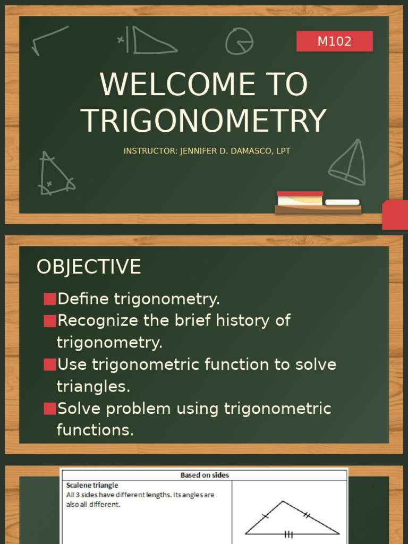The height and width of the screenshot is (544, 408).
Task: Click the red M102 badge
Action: tap(334, 41)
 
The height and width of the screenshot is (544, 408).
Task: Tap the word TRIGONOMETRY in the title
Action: tap(203, 121)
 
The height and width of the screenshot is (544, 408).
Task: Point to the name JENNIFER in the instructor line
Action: tap(200, 151)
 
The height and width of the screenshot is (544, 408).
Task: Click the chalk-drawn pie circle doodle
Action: tap(239, 41)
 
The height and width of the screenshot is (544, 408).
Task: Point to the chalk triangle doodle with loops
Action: tap(55, 174)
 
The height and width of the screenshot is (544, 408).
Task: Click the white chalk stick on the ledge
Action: tap(342, 202)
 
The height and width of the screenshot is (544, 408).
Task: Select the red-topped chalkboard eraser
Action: tap(300, 198)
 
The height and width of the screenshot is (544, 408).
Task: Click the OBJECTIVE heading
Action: tap(89, 267)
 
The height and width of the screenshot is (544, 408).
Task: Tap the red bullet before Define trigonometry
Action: tap(49, 299)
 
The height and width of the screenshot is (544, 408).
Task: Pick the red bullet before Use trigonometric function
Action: tap(49, 365)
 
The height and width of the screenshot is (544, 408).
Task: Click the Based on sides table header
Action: tap(205, 475)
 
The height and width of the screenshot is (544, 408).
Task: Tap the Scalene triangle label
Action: tap(92, 485)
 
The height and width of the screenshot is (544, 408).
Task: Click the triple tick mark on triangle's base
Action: tap(289, 534)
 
